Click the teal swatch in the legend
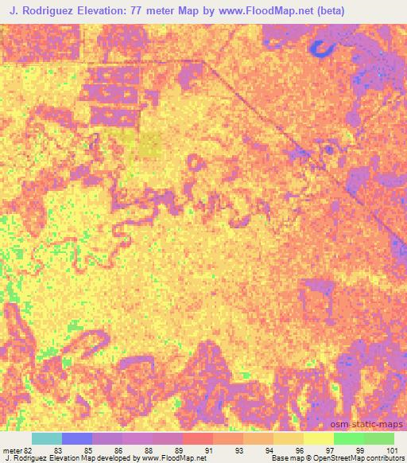[x=47, y=438]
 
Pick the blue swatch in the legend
[x=77, y=438]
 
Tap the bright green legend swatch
[x=348, y=438]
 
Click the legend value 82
[x=29, y=451]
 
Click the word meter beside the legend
[x=12, y=451]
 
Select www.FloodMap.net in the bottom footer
[x=172, y=458]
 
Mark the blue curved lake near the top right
[x=322, y=50]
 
